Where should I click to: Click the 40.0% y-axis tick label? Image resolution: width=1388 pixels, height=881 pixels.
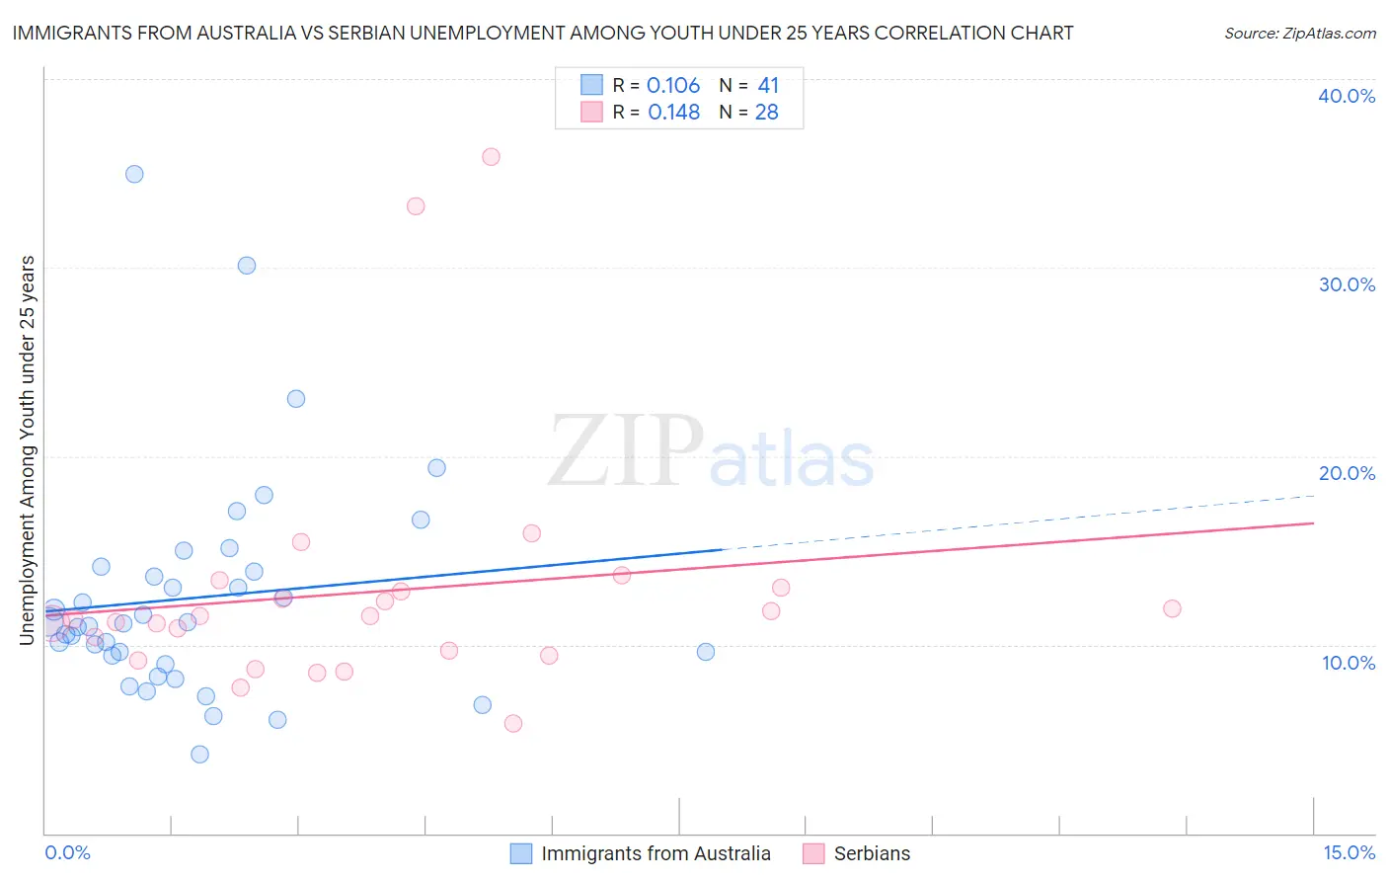click(x=1347, y=96)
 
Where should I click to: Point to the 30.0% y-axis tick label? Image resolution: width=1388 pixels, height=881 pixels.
click(x=1347, y=284)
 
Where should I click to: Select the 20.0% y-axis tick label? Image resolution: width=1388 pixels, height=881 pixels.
click(x=1347, y=473)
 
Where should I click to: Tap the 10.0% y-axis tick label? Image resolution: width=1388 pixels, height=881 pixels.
click(x=1349, y=662)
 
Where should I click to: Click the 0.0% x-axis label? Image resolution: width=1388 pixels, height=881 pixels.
click(x=67, y=852)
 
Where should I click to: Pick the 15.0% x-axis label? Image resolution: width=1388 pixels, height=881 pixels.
click(x=1349, y=852)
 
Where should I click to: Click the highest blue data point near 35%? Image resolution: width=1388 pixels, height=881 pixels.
click(x=134, y=174)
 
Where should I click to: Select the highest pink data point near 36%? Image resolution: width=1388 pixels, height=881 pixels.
click(x=491, y=157)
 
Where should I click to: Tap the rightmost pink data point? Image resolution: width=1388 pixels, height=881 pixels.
click(x=1172, y=608)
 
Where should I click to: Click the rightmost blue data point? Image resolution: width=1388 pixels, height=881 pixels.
click(x=706, y=652)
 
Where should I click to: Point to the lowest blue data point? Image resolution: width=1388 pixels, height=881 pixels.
click(x=199, y=755)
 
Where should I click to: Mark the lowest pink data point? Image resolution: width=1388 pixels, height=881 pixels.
click(x=513, y=724)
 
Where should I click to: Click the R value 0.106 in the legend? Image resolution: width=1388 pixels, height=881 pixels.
click(x=673, y=86)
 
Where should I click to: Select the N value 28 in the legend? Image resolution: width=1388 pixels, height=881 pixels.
click(x=767, y=113)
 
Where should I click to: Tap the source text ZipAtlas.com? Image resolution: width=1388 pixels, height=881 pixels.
click(x=1300, y=33)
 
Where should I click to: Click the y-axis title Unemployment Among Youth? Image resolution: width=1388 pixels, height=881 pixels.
click(x=27, y=450)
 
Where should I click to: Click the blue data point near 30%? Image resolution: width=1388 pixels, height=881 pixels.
click(x=247, y=266)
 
